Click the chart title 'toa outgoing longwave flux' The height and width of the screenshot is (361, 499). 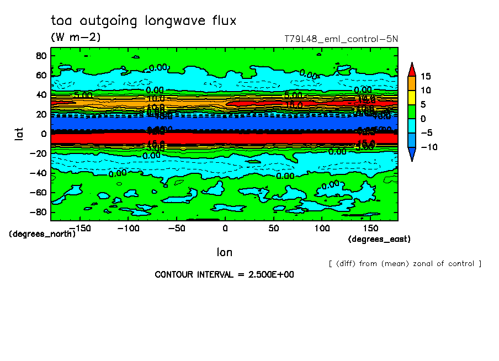click(144, 21)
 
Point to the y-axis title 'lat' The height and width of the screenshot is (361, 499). click(18, 133)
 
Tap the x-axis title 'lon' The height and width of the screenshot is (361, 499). click(224, 252)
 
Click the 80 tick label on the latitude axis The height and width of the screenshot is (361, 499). click(40, 55)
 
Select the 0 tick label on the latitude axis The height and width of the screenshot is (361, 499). click(43, 133)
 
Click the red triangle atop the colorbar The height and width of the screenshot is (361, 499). click(412, 68)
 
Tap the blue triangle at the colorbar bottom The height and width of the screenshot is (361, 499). click(412, 155)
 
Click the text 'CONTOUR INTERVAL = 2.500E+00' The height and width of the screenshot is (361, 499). click(224, 275)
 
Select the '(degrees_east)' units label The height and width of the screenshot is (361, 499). click(379, 239)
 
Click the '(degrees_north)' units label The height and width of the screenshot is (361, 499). click(42, 233)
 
